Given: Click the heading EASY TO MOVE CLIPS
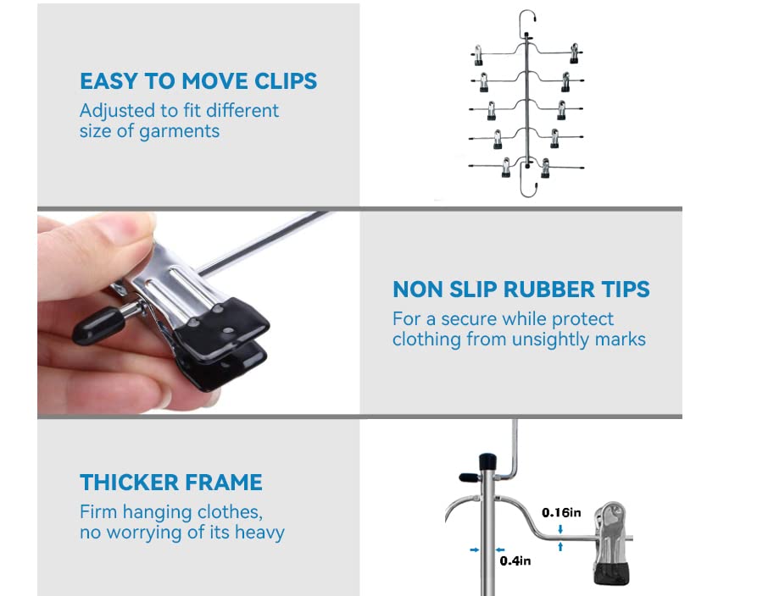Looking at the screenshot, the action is [198, 81].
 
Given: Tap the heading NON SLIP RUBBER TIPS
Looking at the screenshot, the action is [521, 290].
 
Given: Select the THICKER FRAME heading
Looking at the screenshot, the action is [171, 483].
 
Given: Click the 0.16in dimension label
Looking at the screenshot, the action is [561, 512].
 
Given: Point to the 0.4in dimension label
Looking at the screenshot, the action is [515, 560].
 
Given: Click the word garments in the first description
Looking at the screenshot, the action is [179, 131].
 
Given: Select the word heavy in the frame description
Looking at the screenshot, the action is [259, 533].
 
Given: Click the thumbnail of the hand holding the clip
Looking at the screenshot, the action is [198, 312].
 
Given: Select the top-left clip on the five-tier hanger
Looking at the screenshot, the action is [477, 55].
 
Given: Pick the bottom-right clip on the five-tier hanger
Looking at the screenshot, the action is [546, 168].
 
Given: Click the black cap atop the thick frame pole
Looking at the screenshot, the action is [487, 462].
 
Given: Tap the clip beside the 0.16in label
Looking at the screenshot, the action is [610, 543].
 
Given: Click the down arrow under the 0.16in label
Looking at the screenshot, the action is [560, 529].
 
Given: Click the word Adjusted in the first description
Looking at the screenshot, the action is [117, 112].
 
